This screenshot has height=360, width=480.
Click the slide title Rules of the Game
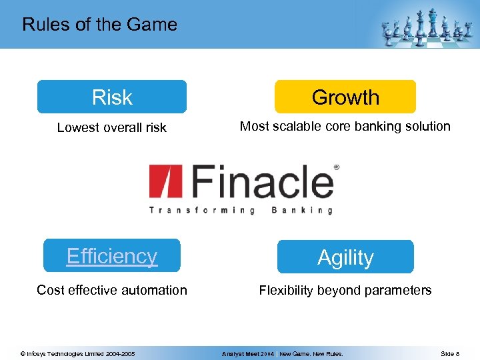click(99, 25)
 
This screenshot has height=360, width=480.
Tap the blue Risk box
click(111, 97)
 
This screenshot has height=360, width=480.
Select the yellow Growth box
click(345, 97)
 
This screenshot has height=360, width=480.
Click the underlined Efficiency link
click(112, 256)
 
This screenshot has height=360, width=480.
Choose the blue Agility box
click(345, 257)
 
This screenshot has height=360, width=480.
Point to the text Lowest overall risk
click(111, 127)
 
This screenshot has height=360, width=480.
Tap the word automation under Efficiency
click(154, 290)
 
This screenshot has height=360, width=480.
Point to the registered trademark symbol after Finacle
click(336, 167)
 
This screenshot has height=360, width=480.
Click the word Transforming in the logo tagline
click(201, 210)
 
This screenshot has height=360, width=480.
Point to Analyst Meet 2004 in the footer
click(248, 353)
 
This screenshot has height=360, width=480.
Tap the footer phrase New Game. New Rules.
click(311, 353)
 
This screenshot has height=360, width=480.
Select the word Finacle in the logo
click(263, 181)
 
